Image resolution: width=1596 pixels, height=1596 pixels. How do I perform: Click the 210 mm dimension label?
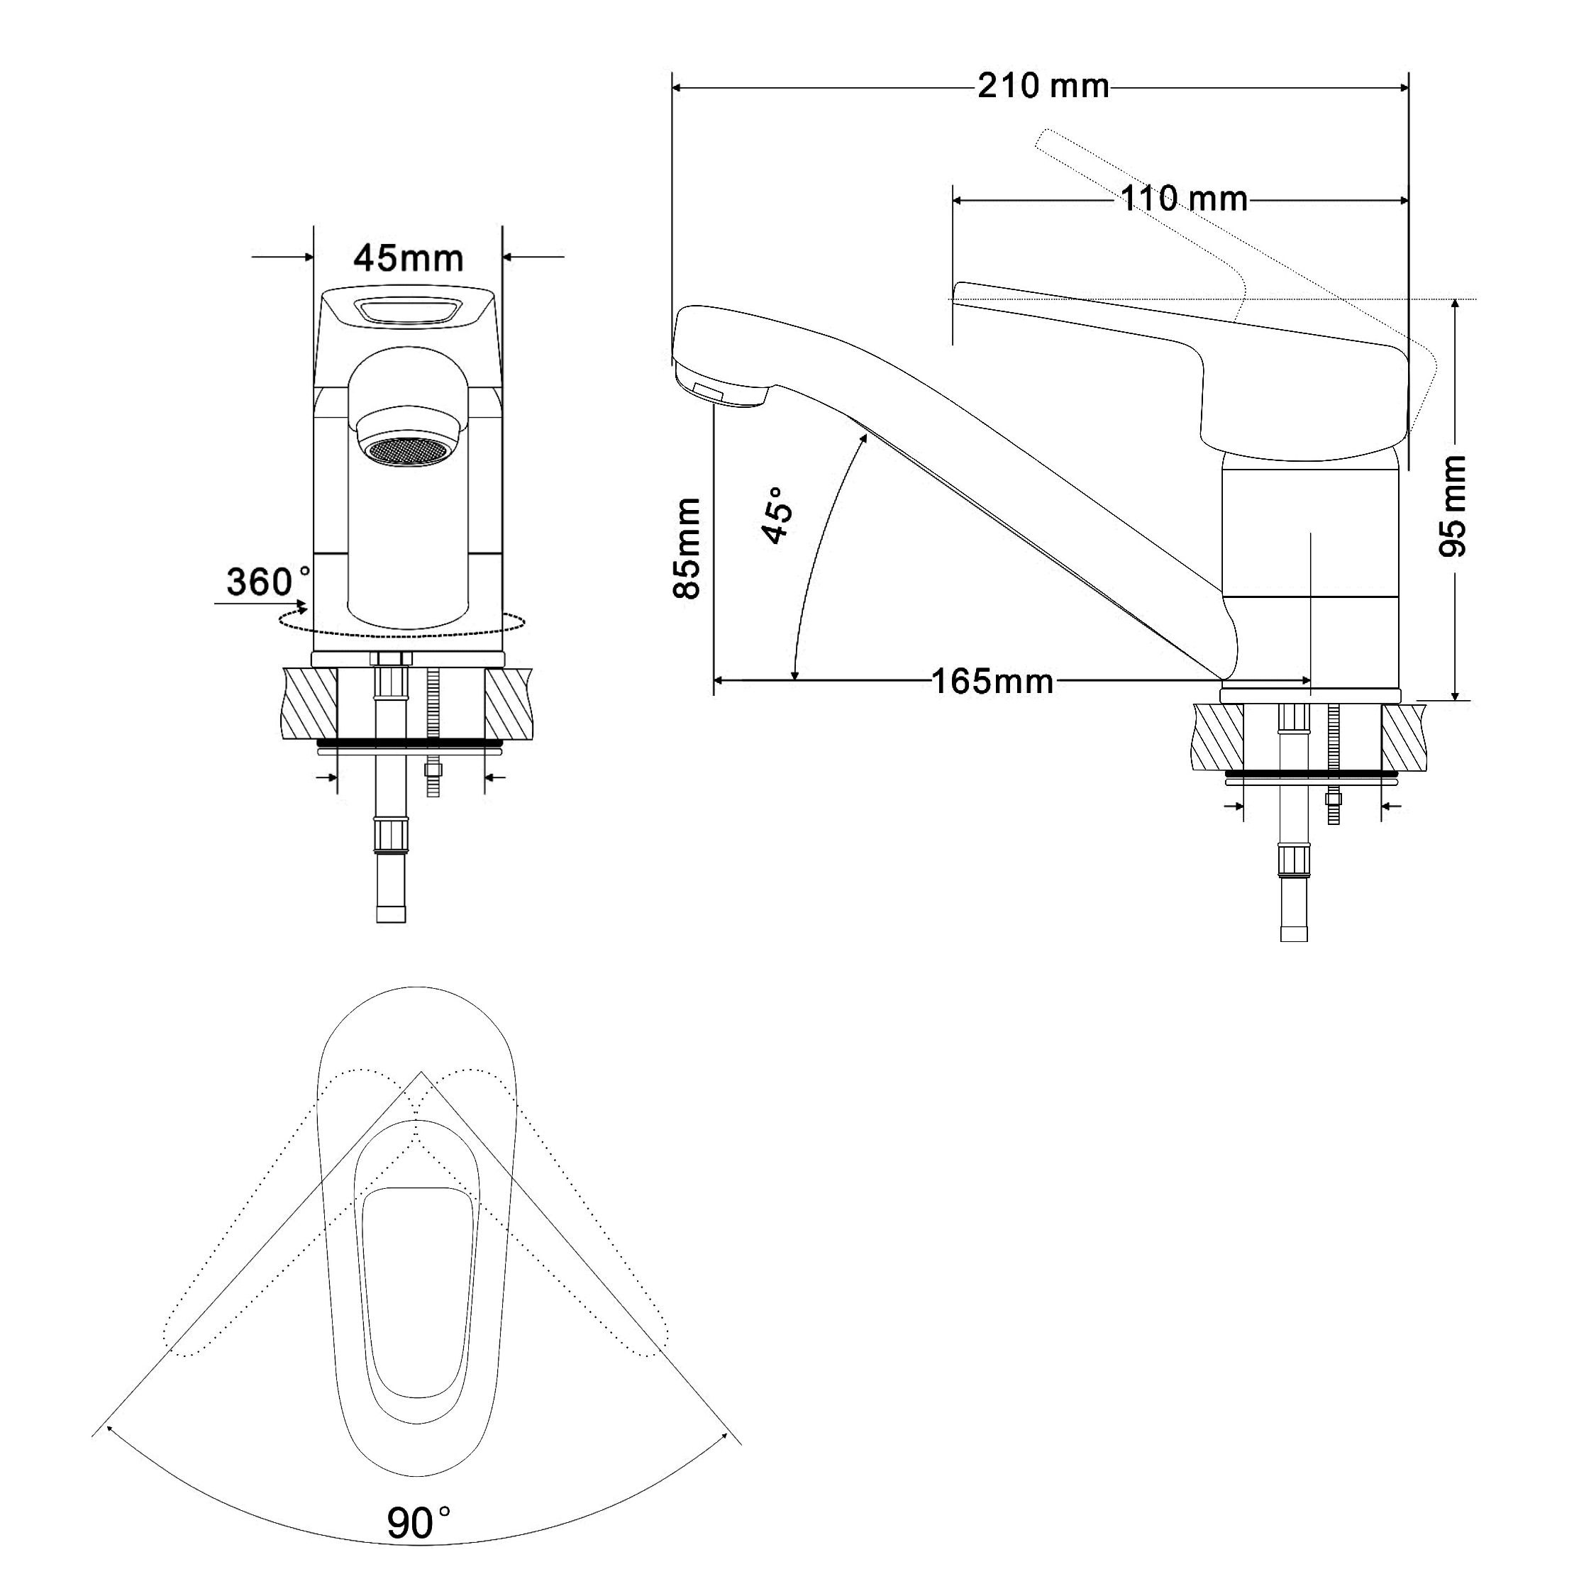pos(1043,86)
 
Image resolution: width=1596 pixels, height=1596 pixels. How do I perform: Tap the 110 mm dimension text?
pos(1183,199)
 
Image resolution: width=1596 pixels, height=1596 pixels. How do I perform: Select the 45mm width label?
pos(408,259)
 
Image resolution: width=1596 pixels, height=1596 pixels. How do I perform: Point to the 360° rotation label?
pos(268,582)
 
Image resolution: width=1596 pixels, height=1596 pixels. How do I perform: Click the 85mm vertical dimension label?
pos(687,548)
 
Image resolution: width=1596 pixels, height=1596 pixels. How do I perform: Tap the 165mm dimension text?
pos(992,682)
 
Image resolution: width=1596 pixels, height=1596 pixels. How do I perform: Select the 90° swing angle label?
pos(418,1522)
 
